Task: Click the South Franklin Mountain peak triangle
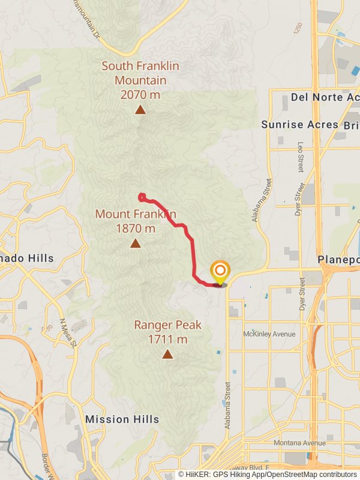point(140,109)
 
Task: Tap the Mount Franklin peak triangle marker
point(136,243)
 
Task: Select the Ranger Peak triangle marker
point(167,354)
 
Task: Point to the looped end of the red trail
point(142,196)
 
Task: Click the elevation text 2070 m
point(140,94)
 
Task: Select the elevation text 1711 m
point(167,340)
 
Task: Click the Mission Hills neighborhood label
point(122,419)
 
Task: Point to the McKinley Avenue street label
point(270,334)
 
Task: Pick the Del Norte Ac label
point(325,97)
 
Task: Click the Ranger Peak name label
point(167,325)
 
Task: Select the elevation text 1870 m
point(136,229)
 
